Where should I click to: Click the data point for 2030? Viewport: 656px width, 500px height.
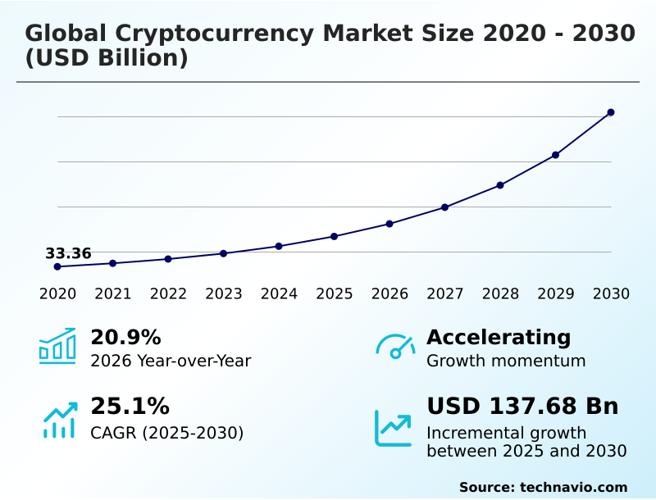[611, 112]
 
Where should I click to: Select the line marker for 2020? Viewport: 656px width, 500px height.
[57, 266]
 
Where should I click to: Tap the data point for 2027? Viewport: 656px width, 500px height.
[445, 207]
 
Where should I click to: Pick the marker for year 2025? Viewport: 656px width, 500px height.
[334, 236]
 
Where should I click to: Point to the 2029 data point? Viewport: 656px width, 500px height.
[555, 155]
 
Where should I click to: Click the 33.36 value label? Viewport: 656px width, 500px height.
[68, 253]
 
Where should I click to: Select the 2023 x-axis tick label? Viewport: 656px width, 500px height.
[224, 294]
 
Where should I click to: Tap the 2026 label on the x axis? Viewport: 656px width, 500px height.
[389, 294]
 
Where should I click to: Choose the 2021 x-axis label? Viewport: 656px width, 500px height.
[113, 294]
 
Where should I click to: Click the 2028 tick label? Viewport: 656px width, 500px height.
[500, 294]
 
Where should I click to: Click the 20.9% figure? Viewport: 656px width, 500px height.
[125, 338]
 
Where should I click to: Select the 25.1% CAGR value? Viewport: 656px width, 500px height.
[130, 407]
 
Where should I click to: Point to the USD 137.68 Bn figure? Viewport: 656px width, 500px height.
[522, 407]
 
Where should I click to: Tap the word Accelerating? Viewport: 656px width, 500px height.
[499, 338]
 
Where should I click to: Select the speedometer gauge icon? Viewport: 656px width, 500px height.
[395, 347]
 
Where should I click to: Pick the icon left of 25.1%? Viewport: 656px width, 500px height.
[59, 420]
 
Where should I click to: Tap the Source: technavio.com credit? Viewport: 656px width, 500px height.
[543, 487]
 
